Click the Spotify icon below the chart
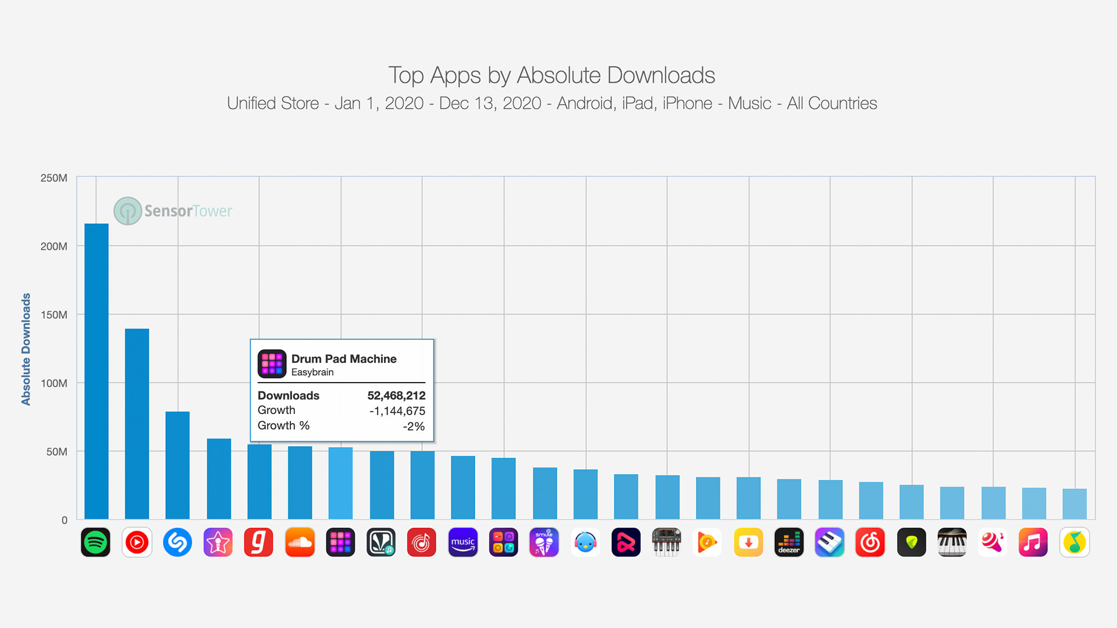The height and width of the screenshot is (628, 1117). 95,543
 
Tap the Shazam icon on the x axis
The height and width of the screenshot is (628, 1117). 177,543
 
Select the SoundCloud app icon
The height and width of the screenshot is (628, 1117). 300,543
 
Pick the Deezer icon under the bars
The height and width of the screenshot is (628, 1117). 789,543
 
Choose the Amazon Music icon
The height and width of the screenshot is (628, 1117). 463,543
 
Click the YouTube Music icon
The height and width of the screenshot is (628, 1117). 137,543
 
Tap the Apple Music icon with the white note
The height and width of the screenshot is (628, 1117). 1033,543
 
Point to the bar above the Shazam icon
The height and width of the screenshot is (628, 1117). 177,465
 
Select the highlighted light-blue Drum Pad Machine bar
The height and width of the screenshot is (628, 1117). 340,483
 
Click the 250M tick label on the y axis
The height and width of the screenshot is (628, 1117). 54,178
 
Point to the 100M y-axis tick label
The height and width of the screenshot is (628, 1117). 54,383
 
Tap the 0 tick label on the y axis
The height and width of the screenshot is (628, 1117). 64,520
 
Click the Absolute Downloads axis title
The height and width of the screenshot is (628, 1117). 26,349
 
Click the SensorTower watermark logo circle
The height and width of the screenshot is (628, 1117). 127,210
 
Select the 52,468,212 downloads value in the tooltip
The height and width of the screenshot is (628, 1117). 396,395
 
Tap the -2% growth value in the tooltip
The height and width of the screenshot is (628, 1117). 414,426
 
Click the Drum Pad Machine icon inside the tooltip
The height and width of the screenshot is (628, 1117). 272,363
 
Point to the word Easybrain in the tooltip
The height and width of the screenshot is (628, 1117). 312,372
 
